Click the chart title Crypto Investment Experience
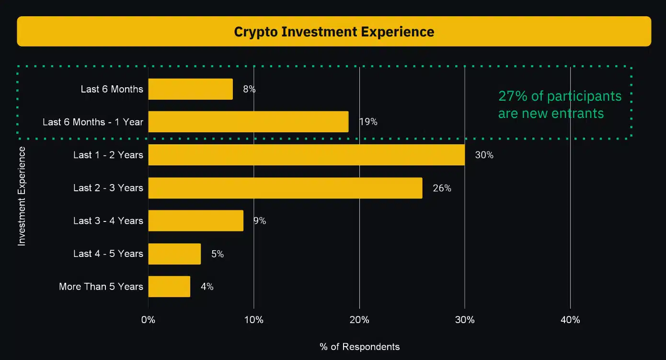[334, 32]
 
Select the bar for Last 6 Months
[190, 89]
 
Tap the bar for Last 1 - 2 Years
[306, 155]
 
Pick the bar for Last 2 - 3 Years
[285, 188]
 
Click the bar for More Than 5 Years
[169, 287]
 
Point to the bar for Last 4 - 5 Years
[174, 254]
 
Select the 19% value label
[368, 122]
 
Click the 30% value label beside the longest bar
[484, 155]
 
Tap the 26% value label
[442, 188]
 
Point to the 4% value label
[207, 287]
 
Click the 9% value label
[260, 221]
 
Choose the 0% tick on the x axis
[149, 320]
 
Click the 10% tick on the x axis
[253, 320]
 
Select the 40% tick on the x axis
[570, 320]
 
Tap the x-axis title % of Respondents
[359, 347]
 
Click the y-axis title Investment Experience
[22, 197]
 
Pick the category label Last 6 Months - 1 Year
[93, 122]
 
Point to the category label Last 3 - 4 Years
[108, 221]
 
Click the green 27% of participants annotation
[560, 105]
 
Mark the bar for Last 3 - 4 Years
[195, 221]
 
